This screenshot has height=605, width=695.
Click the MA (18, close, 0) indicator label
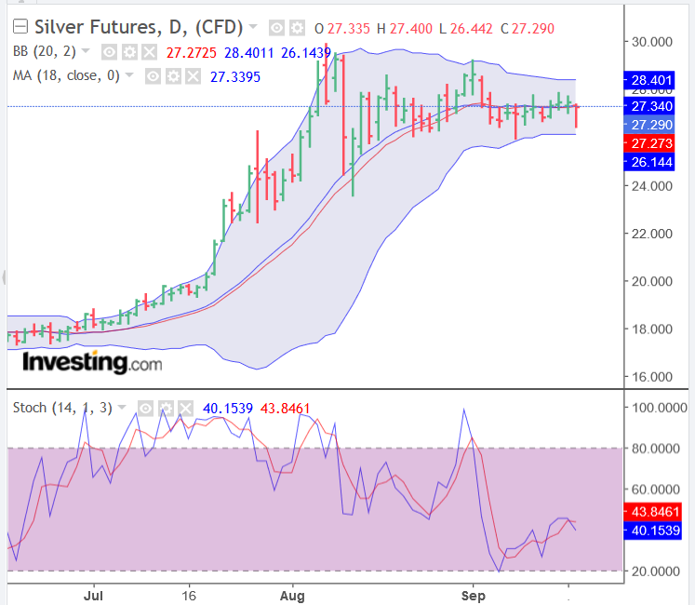[x=66, y=75]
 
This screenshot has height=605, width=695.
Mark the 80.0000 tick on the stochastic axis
[x=655, y=449]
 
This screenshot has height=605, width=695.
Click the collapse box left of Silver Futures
[x=20, y=28]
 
